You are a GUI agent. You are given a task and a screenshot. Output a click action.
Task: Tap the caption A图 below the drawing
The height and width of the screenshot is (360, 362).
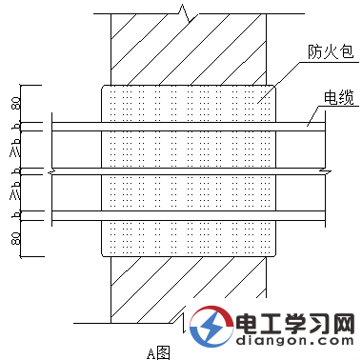click(x=158, y=351)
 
